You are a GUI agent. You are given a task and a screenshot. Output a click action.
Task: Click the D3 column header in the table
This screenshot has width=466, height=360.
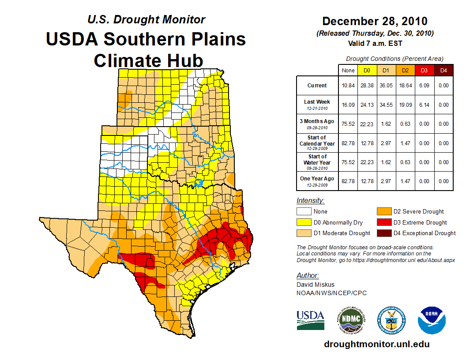[x=424, y=70]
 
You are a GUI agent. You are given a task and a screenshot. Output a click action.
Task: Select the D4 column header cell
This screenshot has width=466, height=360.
[x=443, y=70]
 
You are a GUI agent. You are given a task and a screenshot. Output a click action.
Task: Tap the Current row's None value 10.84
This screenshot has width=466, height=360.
[x=348, y=86]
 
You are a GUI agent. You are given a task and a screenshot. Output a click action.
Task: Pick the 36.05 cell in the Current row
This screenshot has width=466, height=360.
[x=386, y=86]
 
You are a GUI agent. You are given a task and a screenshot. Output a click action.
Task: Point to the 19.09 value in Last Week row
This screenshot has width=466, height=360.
[x=405, y=105]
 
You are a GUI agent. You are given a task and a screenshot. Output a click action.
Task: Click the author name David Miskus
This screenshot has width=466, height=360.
[x=316, y=285]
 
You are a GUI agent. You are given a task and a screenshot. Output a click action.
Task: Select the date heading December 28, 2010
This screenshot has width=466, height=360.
[x=375, y=21]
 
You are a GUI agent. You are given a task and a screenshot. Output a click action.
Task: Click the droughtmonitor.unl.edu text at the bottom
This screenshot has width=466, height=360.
[x=376, y=344]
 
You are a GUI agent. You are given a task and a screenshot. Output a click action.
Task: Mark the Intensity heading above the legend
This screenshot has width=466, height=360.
[x=311, y=201]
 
